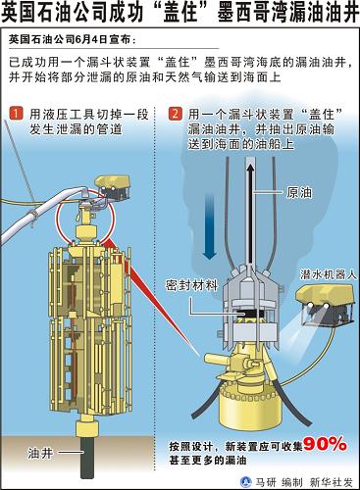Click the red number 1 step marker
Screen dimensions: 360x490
[x=17, y=114]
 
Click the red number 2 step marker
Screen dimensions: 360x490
[x=175, y=114]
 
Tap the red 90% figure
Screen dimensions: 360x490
[x=325, y=445]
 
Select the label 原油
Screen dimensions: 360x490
[x=299, y=192]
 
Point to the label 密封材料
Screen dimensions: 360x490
[x=191, y=285]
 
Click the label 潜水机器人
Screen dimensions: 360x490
[x=329, y=274]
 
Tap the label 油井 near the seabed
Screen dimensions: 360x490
[x=40, y=453]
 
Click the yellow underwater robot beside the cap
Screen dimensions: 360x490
[x=325, y=304]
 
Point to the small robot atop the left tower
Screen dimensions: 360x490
[x=112, y=186]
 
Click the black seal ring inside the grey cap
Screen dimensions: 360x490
[x=247, y=313]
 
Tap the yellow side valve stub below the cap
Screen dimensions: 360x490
[x=217, y=360]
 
